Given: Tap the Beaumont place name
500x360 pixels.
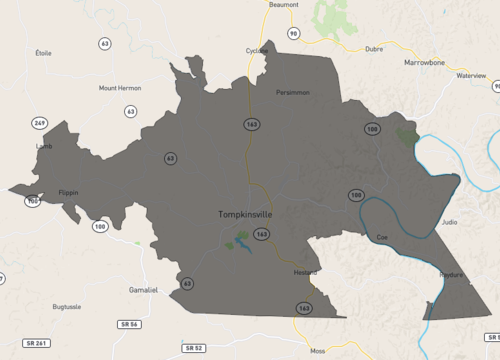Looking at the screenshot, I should [x=284, y=5].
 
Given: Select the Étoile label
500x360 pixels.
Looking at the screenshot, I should [x=43, y=52].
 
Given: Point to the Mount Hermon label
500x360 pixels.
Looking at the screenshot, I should [x=119, y=88].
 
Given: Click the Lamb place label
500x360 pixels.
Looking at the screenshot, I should [x=44, y=146].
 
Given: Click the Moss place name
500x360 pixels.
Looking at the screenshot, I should [x=318, y=351].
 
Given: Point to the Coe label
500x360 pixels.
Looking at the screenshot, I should [x=381, y=237].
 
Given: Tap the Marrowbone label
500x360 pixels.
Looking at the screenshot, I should [x=423, y=60].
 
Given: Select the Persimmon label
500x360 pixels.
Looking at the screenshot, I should [x=293, y=93].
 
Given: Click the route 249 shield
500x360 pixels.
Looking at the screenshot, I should [x=39, y=123].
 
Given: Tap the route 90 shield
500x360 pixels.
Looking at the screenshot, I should [x=293, y=33].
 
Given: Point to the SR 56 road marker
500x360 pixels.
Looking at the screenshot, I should [x=127, y=325].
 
